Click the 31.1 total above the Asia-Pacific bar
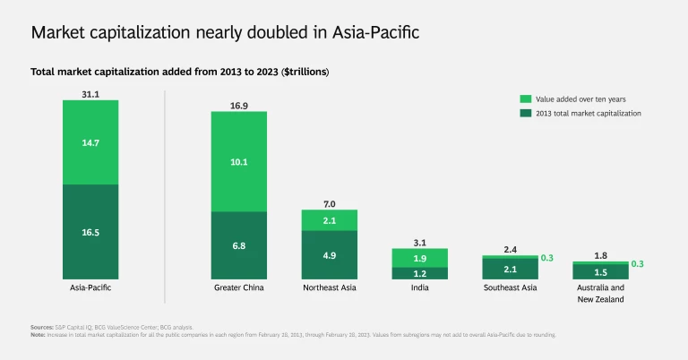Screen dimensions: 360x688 pyautogui.click(x=90, y=93)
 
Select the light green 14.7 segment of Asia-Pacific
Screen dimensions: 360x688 pyautogui.click(x=90, y=141)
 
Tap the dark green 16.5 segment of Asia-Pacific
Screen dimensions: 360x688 pyautogui.click(x=90, y=231)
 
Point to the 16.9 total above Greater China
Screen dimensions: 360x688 pyautogui.click(x=238, y=105)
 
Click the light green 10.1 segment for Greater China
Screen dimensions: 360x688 pyautogui.click(x=238, y=161)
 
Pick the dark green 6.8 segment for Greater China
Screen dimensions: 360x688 pyautogui.click(x=238, y=244)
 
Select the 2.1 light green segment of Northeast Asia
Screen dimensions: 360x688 pyautogui.click(x=330, y=220)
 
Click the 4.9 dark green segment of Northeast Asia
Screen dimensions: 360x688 pyautogui.click(x=330, y=254)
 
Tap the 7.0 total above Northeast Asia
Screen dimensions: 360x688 pyautogui.click(x=330, y=203)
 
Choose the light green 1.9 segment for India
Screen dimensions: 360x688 pyautogui.click(x=420, y=258)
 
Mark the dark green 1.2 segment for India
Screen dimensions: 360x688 pyautogui.click(x=420, y=273)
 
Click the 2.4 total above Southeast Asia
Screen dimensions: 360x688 pyautogui.click(x=511, y=249)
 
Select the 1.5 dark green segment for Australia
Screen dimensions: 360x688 pyautogui.click(x=601, y=271)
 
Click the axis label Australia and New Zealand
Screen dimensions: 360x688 pyautogui.click(x=601, y=293)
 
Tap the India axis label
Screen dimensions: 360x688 pyautogui.click(x=420, y=287)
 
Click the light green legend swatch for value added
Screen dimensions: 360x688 pyautogui.click(x=527, y=98)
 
